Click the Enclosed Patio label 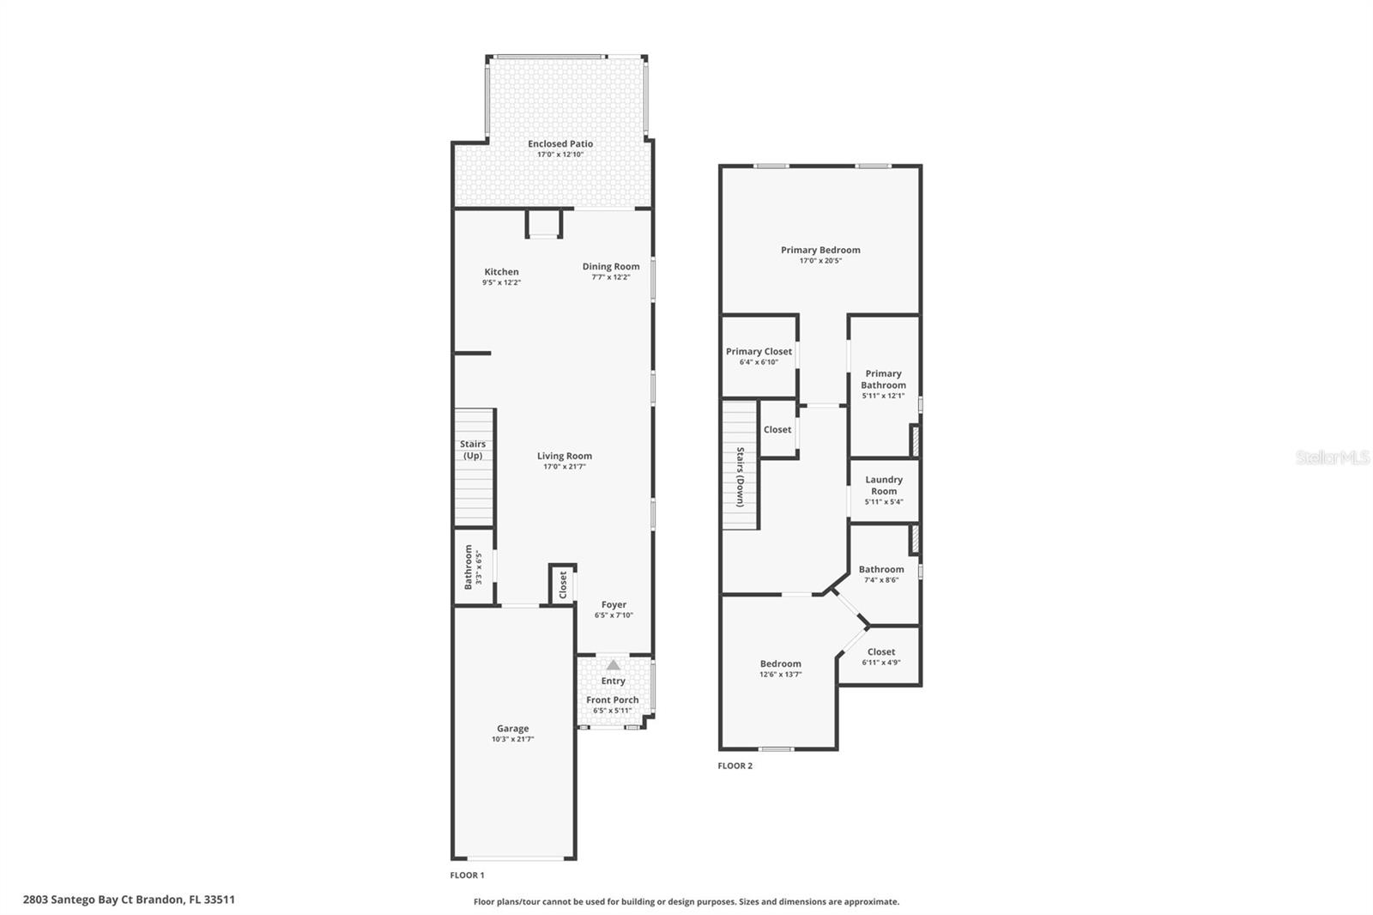click(x=559, y=144)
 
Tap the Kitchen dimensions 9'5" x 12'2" click(x=501, y=282)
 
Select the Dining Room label click(x=611, y=266)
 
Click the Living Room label click(x=564, y=456)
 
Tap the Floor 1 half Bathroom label click(x=469, y=567)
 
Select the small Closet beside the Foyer click(x=563, y=585)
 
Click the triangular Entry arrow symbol click(x=613, y=664)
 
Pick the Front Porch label click(x=612, y=700)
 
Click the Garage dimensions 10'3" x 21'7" click(x=512, y=739)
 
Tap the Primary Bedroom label click(x=820, y=250)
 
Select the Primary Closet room click(x=759, y=356)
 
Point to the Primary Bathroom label click(x=883, y=379)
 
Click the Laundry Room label click(x=883, y=485)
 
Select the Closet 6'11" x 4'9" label click(x=880, y=651)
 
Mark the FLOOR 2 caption click(x=735, y=766)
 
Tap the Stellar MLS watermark click(x=1332, y=457)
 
